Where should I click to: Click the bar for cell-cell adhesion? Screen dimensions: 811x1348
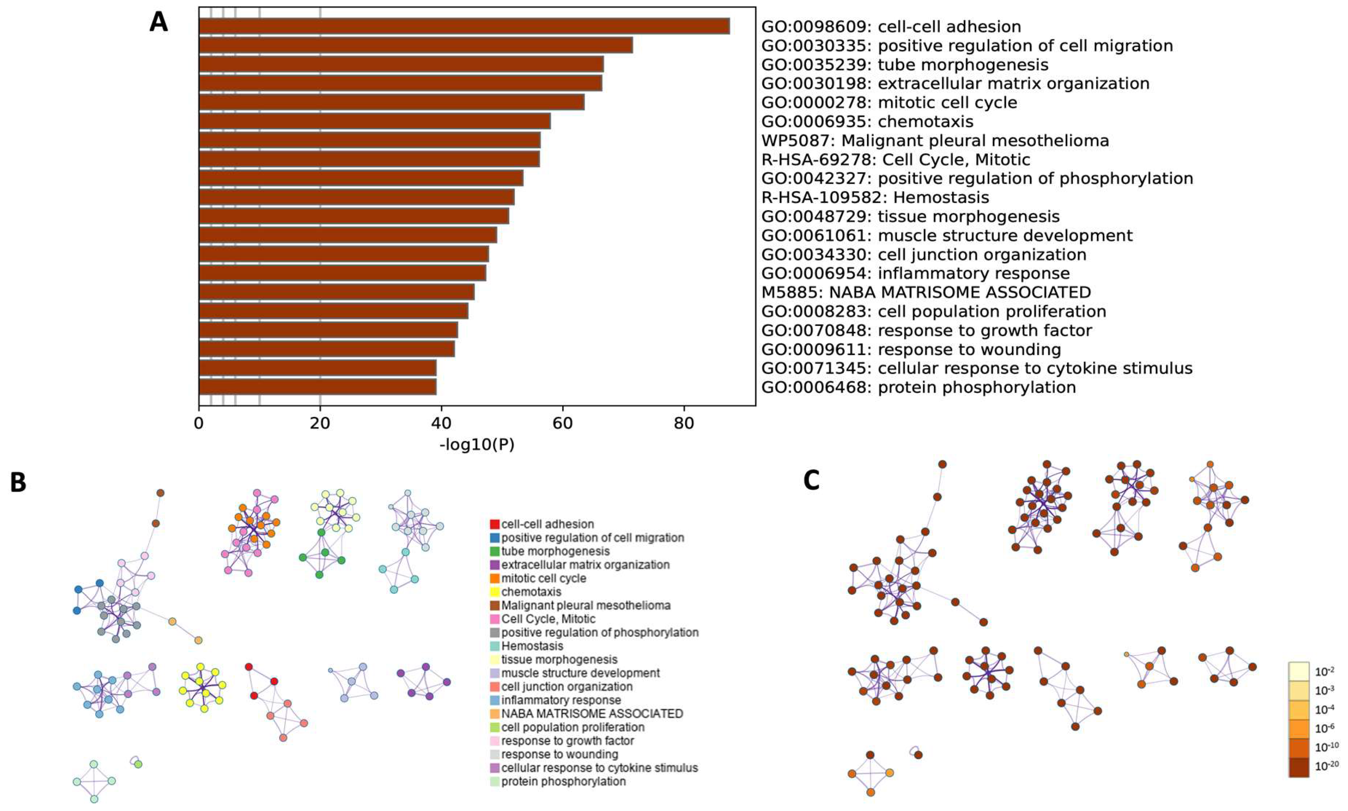[464, 26]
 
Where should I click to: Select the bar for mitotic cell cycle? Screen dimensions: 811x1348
[392, 102]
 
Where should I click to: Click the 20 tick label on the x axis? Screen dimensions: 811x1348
[320, 423]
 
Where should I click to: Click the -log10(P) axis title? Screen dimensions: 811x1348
[477, 445]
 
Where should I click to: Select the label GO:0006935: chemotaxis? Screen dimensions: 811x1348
[867, 121]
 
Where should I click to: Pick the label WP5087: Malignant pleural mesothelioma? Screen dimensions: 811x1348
[935, 141]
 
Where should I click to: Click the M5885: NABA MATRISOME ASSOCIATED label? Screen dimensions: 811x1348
[926, 292]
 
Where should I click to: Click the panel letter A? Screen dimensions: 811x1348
[158, 22]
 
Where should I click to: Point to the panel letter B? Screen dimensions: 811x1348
[18, 483]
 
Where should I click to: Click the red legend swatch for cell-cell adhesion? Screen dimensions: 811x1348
[495, 525]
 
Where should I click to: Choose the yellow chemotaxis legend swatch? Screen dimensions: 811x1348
[495, 592]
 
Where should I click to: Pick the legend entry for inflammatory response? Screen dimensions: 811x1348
[561, 700]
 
